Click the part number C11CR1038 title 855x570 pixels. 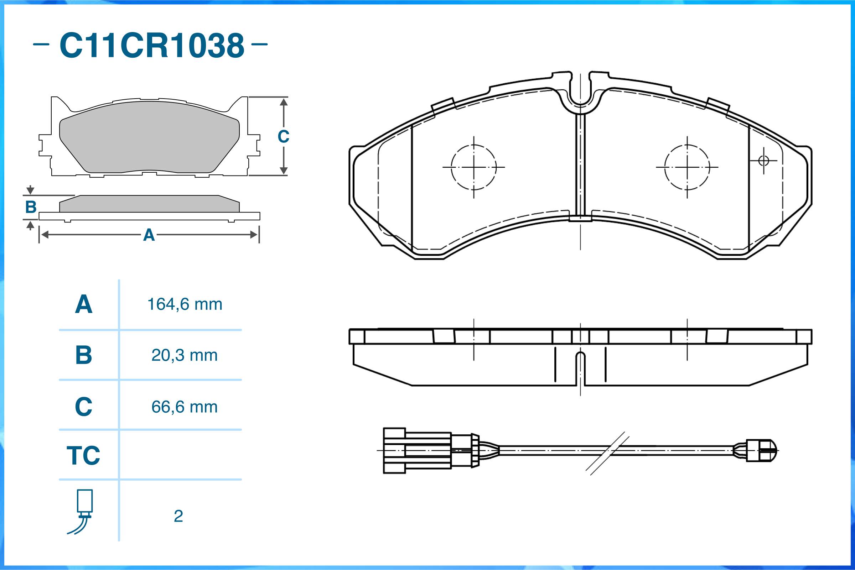(152, 45)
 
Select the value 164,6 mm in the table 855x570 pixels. (185, 304)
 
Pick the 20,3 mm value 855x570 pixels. (185, 355)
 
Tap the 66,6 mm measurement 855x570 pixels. (185, 407)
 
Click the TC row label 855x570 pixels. (83, 455)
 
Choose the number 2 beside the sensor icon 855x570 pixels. (178, 516)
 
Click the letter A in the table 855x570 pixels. (83, 304)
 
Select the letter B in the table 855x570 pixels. (83, 355)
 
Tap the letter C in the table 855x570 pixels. (83, 407)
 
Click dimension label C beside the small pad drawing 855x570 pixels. (283, 137)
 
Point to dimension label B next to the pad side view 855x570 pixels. (31, 207)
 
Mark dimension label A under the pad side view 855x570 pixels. (149, 235)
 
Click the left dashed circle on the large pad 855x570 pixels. (473, 167)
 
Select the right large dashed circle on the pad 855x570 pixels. (687, 167)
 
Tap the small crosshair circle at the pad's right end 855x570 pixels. (764, 160)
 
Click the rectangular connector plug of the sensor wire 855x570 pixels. (418, 451)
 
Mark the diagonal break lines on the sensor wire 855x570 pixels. (607, 453)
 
